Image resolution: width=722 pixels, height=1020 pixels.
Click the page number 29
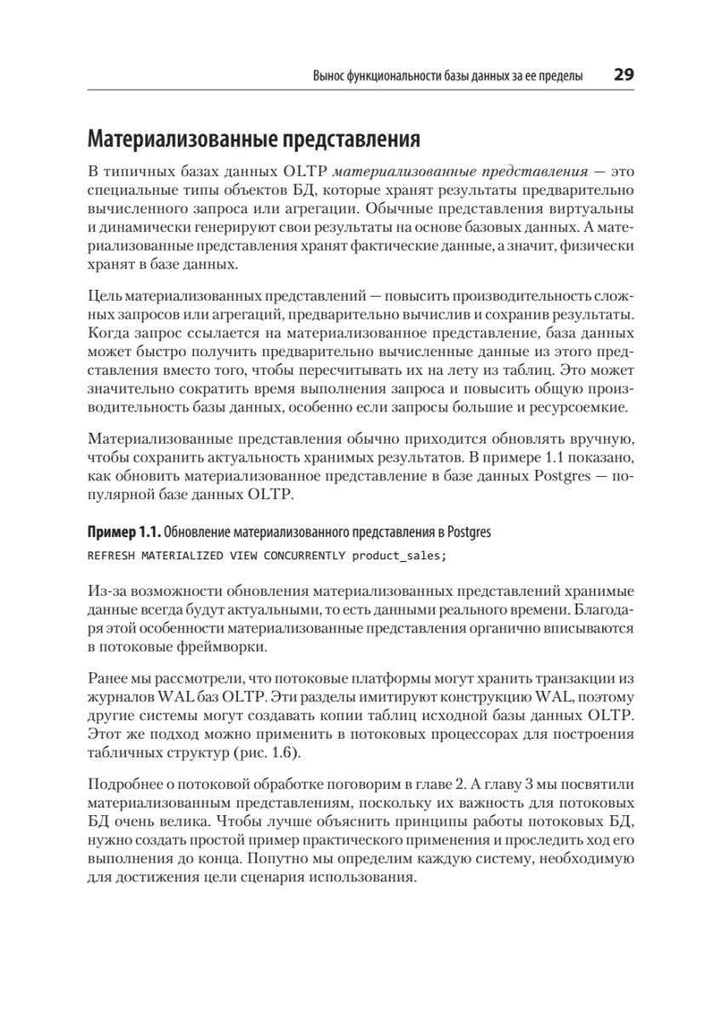tap(623, 75)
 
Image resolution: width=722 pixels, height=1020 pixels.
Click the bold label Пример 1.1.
tap(123, 533)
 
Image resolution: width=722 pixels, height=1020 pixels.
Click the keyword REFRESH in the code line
tap(111, 555)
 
